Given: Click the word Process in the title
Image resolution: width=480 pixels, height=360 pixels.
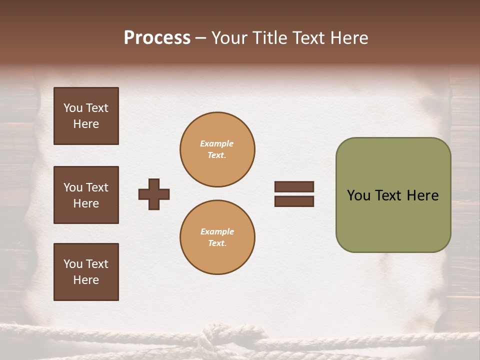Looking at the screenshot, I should [x=157, y=38].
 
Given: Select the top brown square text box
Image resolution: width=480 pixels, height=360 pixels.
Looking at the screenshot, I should [x=86, y=116].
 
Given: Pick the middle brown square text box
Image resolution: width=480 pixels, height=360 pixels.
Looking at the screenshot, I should [x=86, y=195].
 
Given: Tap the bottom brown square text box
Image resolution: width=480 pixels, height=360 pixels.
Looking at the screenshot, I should [x=86, y=272].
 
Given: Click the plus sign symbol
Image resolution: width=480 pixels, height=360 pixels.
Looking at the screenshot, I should [x=154, y=194].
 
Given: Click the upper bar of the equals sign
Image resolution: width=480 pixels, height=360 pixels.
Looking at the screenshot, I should [x=294, y=186].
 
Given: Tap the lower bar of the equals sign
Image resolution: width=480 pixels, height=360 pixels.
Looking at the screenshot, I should [x=294, y=201].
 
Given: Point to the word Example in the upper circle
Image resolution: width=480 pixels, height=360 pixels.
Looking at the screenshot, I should [x=216, y=143].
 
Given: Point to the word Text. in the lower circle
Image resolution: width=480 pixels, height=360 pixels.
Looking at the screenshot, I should [x=217, y=243].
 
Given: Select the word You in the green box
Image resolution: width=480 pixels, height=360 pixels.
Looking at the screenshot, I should [x=358, y=195].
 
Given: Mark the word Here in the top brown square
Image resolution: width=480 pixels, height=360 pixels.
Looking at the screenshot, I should [x=86, y=124].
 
